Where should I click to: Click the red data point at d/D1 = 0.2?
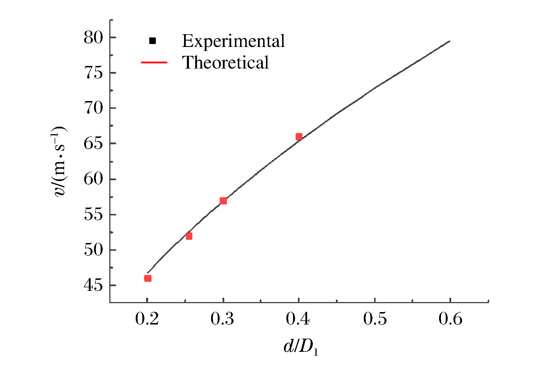tap(148, 278)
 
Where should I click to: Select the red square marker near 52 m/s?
tap(189, 236)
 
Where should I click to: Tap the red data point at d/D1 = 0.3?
tap(223, 201)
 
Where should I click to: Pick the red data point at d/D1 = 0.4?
tap(299, 137)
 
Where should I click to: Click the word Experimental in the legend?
tap(233, 41)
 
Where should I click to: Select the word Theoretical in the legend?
tap(225, 62)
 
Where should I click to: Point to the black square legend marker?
tap(152, 41)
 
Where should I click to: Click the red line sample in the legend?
tap(154, 62)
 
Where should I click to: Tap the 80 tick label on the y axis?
tap(93, 38)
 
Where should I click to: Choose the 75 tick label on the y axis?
tap(93, 73)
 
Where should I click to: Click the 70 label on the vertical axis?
tap(93, 108)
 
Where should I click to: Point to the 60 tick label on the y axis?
tap(93, 179)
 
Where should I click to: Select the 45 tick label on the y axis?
tap(93, 285)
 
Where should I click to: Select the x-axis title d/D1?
tap(301, 347)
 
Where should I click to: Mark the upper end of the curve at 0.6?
tap(449, 41)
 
